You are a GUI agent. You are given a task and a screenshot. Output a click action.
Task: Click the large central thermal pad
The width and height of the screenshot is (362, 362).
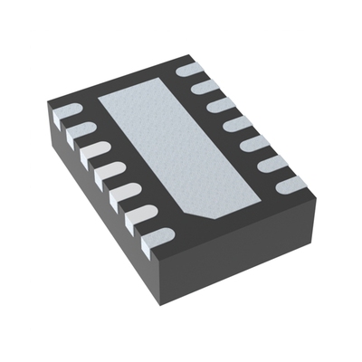[x=176, y=149]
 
